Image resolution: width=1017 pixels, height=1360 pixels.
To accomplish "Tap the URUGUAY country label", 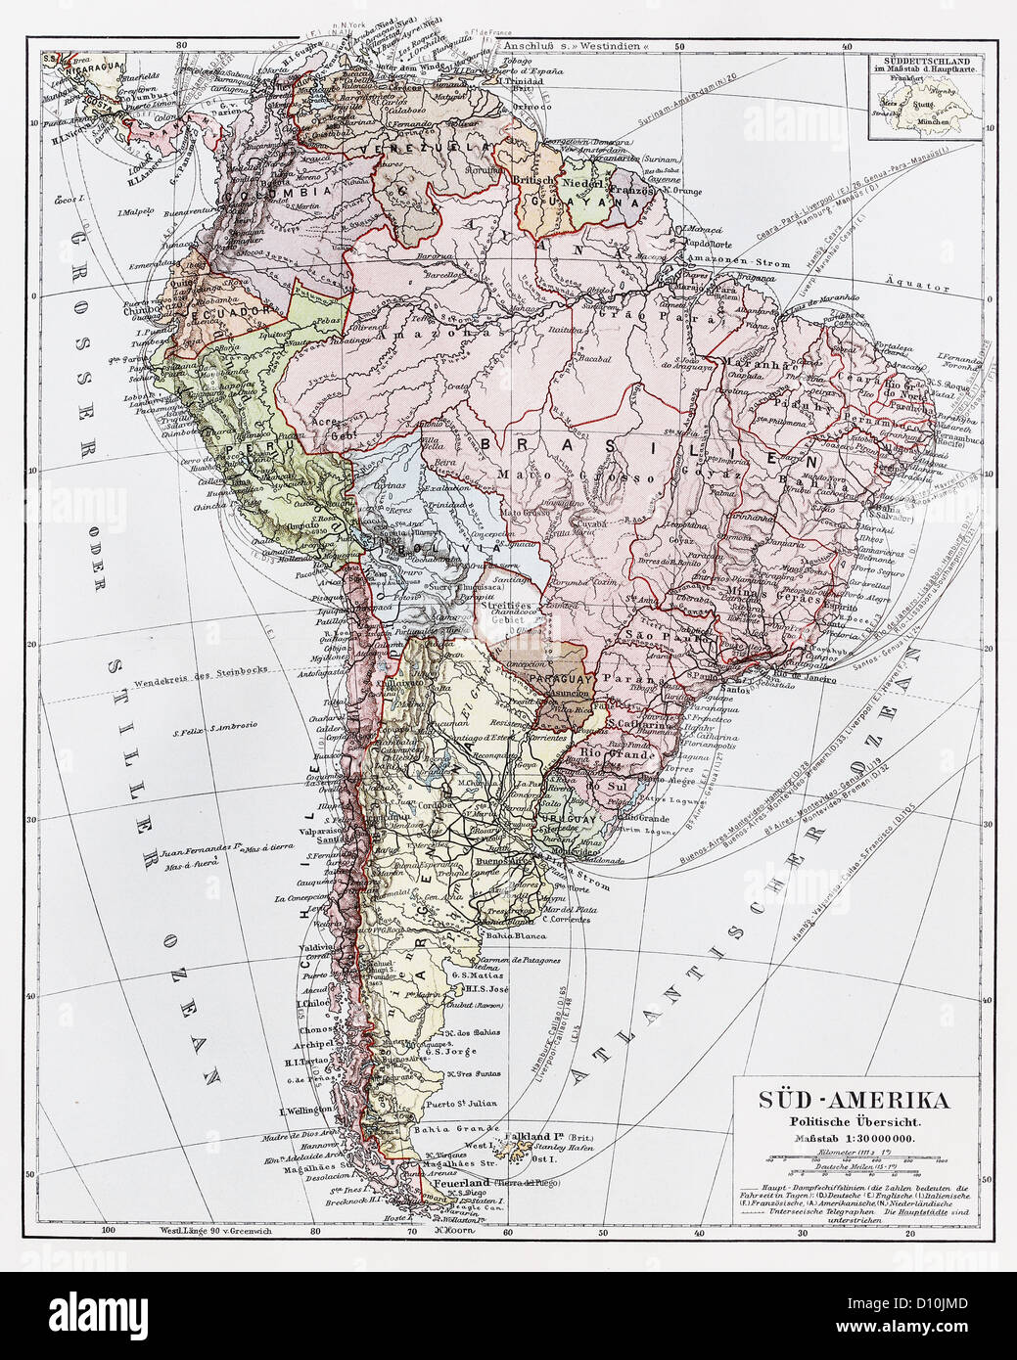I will (x=564, y=817).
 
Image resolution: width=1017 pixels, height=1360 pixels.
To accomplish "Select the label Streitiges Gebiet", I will (x=512, y=612).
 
